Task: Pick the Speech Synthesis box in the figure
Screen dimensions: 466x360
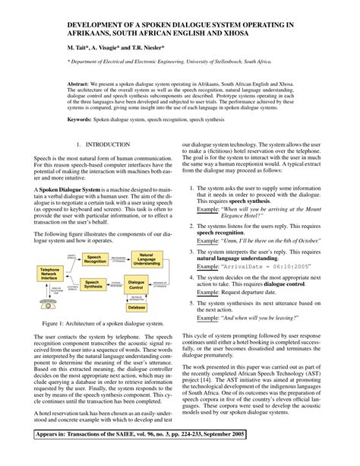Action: [x=94, y=285]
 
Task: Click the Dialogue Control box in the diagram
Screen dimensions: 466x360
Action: [x=137, y=285]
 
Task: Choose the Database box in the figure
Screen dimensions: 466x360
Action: [x=137, y=308]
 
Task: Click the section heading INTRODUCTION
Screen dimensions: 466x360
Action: [x=109, y=144]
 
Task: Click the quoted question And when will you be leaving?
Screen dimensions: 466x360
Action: [x=262, y=315]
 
